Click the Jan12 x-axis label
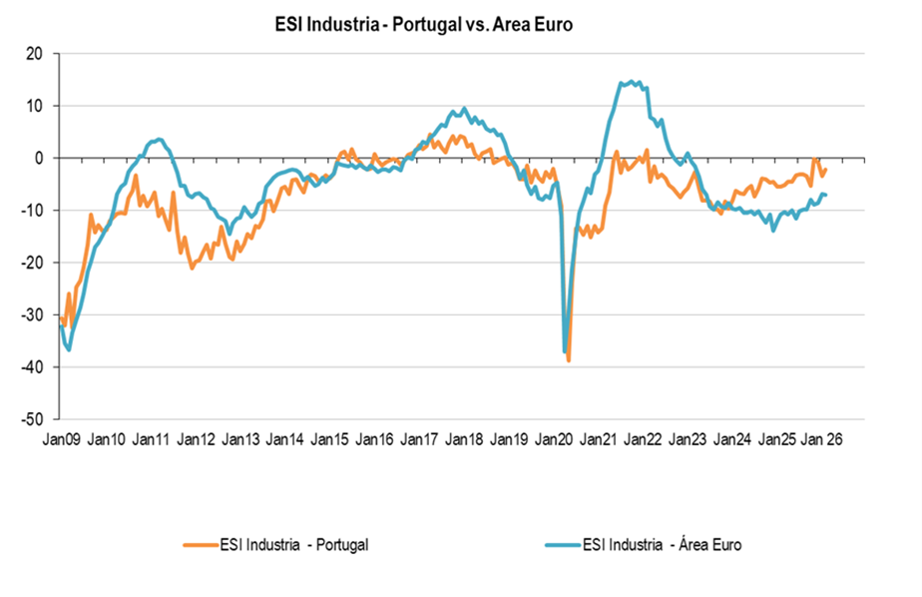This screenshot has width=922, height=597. tap(196, 439)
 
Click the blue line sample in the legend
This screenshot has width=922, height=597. tap(563, 544)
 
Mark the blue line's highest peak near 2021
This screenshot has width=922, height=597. tap(630, 82)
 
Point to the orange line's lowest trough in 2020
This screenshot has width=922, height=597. tap(569, 359)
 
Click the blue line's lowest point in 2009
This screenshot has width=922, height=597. tap(69, 349)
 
